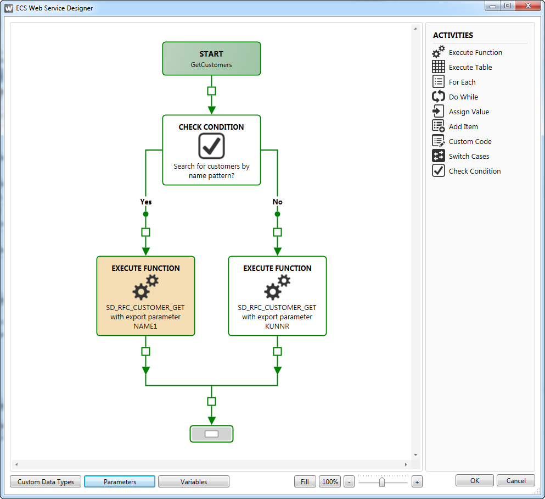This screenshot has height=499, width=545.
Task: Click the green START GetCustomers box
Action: point(211,58)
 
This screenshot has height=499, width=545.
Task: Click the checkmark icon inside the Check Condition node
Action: point(211,146)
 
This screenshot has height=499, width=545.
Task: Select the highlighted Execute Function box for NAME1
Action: point(145,296)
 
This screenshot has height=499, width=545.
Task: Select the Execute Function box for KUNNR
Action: point(277,296)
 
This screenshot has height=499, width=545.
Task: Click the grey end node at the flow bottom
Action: point(211,434)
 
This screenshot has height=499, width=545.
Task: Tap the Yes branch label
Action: point(145,202)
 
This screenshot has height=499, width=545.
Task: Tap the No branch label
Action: point(277,202)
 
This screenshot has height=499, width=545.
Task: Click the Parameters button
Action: point(120,481)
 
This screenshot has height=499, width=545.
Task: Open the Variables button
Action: point(194,481)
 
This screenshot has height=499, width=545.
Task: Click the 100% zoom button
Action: point(330,481)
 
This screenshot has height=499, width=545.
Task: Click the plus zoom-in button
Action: point(417,481)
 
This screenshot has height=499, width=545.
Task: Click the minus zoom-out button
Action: point(349,481)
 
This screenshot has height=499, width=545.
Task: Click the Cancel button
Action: point(516,480)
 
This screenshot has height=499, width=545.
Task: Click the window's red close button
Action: point(528,5)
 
